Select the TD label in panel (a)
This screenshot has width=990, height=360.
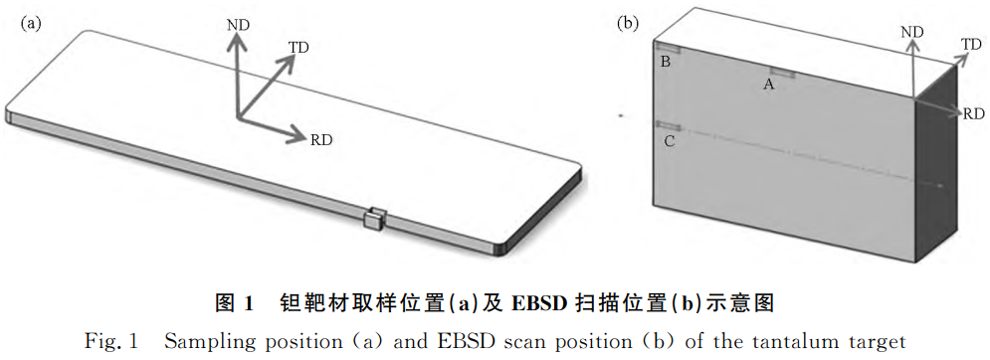tap(298, 48)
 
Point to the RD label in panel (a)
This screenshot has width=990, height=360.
tap(320, 139)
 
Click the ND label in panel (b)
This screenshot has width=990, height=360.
tap(912, 33)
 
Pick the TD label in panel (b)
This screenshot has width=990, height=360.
tap(971, 44)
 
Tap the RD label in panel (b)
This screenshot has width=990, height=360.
tap(972, 114)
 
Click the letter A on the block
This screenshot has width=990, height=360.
tap(768, 86)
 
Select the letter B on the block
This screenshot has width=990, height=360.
tap(666, 63)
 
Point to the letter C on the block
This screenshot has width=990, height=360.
tap(669, 142)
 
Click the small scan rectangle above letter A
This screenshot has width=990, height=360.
tap(779, 73)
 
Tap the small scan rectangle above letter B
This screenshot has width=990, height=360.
tap(667, 48)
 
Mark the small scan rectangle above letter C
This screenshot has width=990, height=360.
tap(667, 125)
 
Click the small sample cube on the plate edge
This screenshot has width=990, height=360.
tap(375, 218)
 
